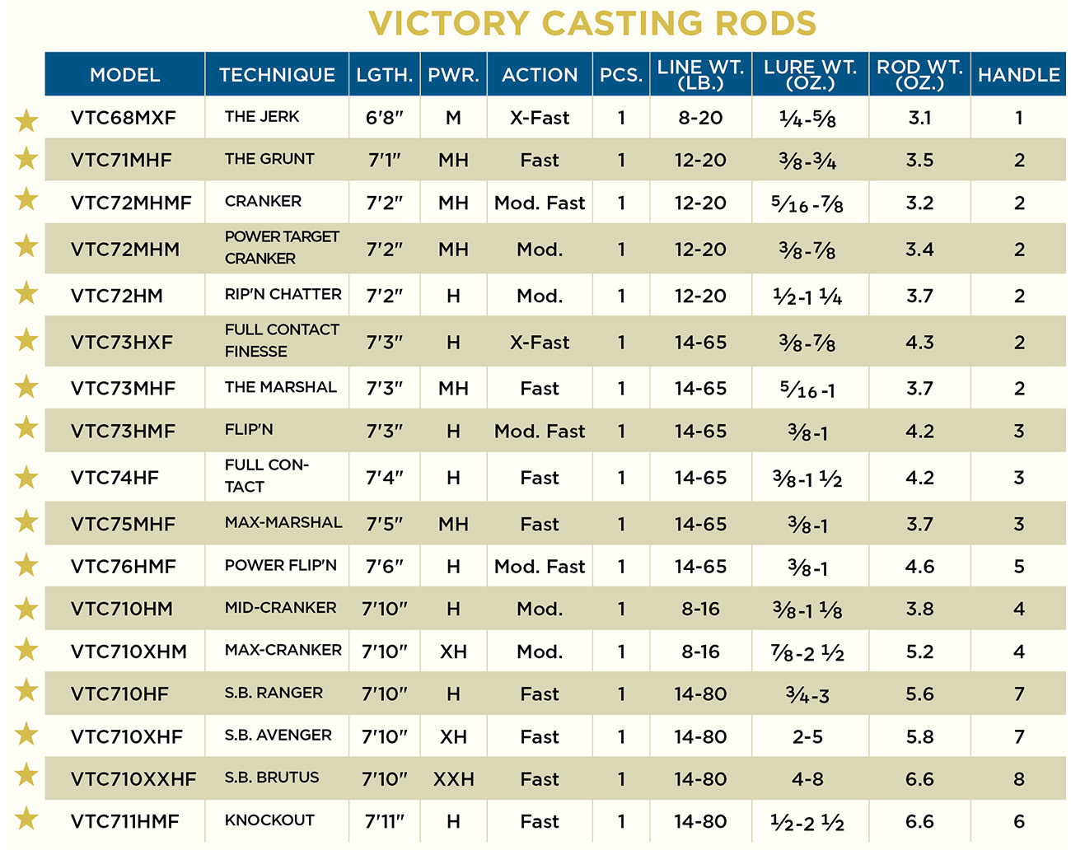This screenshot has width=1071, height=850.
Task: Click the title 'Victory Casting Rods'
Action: tap(592, 24)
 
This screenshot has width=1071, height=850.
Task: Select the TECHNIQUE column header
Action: tap(277, 75)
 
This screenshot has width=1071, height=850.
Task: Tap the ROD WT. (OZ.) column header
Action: tap(919, 75)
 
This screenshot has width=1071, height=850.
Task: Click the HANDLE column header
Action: tap(1018, 75)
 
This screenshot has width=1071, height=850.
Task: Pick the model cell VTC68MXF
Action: tap(124, 118)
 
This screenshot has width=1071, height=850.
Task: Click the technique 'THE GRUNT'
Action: tap(269, 159)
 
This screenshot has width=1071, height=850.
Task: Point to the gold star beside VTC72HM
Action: tap(26, 293)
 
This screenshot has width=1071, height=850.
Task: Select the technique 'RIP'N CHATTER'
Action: tap(283, 294)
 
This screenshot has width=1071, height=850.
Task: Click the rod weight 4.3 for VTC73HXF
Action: tap(919, 343)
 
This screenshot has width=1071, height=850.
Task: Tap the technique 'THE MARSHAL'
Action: tap(280, 387)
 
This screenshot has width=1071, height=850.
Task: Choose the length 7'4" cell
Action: tap(384, 478)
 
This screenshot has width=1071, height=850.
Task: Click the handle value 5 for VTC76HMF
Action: tap(1019, 567)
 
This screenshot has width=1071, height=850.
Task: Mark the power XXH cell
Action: tap(453, 779)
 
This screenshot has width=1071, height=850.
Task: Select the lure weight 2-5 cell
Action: tap(807, 737)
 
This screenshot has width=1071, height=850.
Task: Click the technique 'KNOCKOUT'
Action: tap(269, 820)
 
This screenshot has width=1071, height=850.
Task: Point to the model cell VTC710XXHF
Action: tap(133, 779)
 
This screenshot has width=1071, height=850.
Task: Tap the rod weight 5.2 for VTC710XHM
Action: tap(919, 652)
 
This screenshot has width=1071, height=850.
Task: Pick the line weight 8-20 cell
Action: tap(700, 118)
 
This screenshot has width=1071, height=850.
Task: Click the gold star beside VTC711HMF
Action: tap(26, 819)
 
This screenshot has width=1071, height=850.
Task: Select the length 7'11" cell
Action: tap(384, 822)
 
